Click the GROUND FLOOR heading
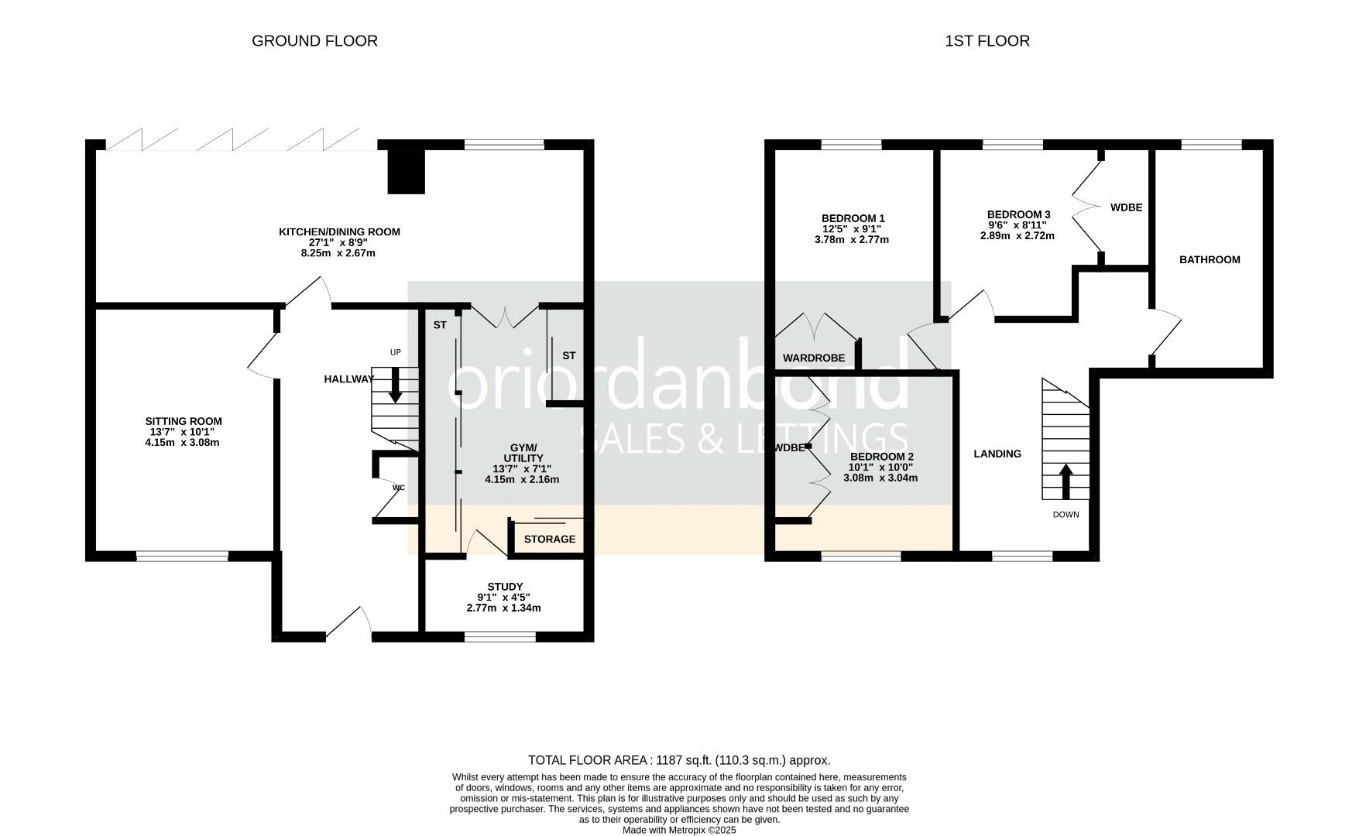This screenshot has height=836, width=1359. [x=314, y=41]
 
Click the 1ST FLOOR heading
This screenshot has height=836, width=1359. [x=987, y=41]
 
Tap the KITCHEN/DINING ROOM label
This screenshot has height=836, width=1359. [x=339, y=231]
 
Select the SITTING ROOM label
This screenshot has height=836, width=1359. [x=184, y=422]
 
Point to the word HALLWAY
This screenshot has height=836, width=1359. [x=348, y=379]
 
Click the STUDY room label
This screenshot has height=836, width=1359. [x=505, y=587]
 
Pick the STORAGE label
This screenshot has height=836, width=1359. [x=550, y=539]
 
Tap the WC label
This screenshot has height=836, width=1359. [x=399, y=488]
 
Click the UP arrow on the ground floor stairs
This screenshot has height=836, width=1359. [x=396, y=385]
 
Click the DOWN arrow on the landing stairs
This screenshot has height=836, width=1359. [x=1066, y=481]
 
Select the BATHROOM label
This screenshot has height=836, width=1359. [x=1210, y=259]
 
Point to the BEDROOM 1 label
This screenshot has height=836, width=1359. [x=853, y=218]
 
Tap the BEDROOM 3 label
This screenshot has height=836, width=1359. [x=1018, y=214]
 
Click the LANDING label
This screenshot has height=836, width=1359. [x=997, y=454]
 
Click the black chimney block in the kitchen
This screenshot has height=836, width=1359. [x=407, y=170]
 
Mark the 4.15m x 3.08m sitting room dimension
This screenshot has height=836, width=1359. [x=184, y=443]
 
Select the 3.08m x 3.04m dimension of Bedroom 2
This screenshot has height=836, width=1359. [x=880, y=478]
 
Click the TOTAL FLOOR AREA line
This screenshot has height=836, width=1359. [x=679, y=760]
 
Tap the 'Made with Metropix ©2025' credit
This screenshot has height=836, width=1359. [x=679, y=830]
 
